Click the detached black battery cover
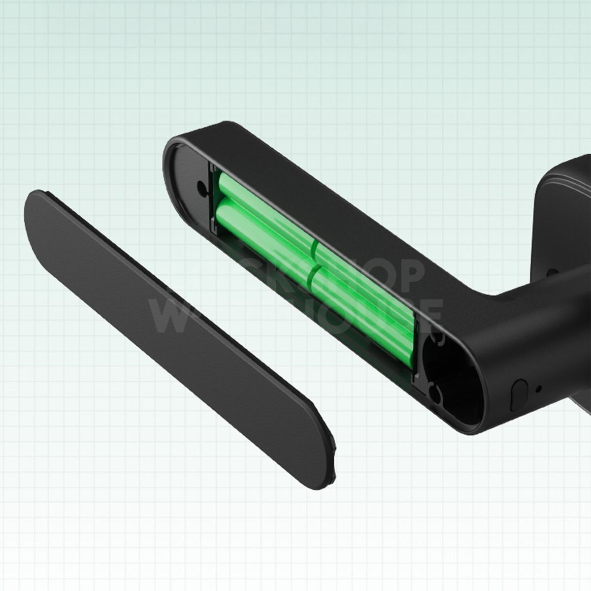tap(177, 335)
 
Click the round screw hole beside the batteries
tap(201, 187)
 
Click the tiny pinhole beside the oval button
tap(538, 388)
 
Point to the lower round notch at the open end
tap(433, 392)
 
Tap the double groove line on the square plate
tap(566, 185)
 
